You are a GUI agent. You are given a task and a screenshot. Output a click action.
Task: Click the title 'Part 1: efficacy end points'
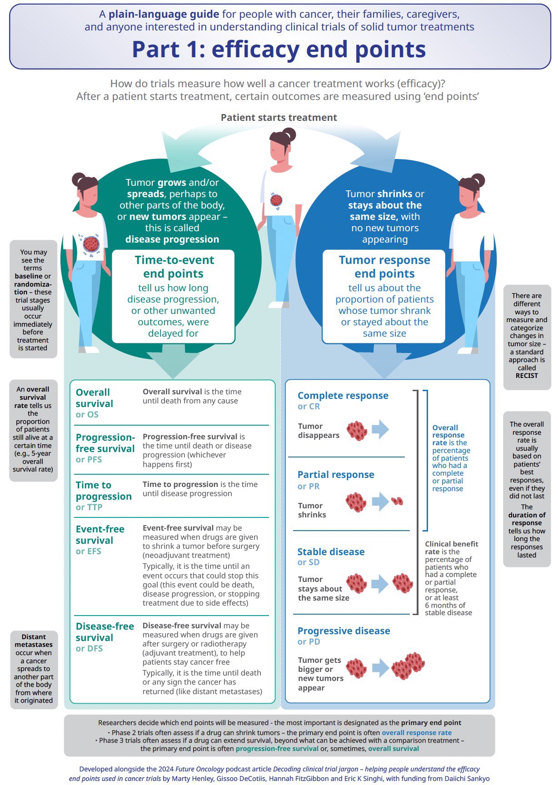(x=279, y=49)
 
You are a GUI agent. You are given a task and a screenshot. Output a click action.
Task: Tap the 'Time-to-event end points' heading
(x=174, y=267)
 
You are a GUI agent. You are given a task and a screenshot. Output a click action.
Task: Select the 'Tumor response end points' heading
(x=384, y=267)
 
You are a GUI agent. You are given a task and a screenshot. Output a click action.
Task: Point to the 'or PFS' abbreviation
(x=89, y=459)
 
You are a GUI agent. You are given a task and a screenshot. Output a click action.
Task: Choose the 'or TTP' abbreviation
(x=89, y=507)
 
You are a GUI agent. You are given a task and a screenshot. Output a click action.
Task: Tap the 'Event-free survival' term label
(x=100, y=535)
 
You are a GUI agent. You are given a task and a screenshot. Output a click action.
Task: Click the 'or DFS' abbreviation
(x=89, y=648)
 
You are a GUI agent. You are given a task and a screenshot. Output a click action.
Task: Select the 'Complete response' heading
(x=343, y=396)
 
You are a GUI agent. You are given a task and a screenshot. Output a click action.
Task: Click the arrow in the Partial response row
(x=380, y=502)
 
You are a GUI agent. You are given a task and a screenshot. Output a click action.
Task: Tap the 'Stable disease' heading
(x=331, y=552)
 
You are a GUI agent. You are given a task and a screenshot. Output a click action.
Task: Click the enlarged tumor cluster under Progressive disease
(x=408, y=666)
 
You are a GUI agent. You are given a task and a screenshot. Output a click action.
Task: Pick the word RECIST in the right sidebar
(x=527, y=376)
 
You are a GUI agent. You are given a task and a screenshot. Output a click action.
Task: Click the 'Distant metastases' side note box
(x=34, y=669)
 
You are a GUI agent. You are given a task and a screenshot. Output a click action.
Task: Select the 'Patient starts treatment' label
(x=279, y=118)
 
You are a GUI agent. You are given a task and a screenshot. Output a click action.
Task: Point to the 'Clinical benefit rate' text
(x=452, y=548)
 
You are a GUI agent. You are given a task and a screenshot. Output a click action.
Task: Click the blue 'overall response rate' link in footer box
(x=417, y=732)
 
